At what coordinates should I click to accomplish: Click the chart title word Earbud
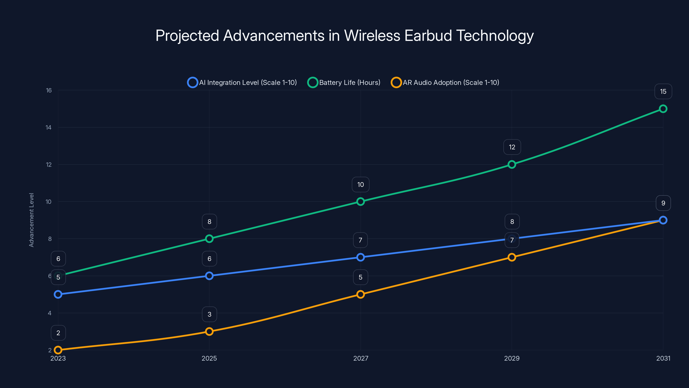428,36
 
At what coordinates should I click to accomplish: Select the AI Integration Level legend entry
242,83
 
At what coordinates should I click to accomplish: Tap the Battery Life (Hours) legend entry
344,83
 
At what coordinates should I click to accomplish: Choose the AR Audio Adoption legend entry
445,83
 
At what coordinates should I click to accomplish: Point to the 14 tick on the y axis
48,127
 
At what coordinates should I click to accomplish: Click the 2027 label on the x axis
361,358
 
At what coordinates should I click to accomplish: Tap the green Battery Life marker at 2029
512,164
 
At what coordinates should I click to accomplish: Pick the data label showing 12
512,147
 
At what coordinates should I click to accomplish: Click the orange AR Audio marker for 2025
209,332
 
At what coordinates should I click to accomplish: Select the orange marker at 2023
58,350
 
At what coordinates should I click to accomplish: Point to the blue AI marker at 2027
361,257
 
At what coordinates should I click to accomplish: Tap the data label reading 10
361,185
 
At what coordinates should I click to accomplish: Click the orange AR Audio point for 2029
512,257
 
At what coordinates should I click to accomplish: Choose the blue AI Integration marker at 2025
209,276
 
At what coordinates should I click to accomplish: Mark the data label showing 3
209,314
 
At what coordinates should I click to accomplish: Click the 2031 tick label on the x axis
663,358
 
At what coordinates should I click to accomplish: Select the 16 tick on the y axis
49,91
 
